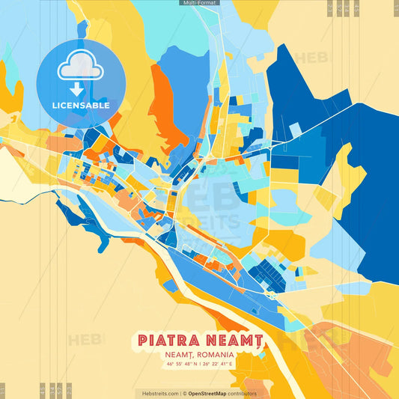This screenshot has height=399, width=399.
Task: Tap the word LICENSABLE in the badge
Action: click(81, 106)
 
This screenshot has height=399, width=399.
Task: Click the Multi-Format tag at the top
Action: click(199, 3)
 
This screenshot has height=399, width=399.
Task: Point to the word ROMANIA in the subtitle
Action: click(216, 354)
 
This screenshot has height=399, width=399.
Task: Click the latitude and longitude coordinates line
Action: click(199, 365)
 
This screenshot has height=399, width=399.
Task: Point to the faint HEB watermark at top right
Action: click(311, 58)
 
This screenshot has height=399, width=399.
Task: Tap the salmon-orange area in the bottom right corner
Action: click(359, 367)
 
